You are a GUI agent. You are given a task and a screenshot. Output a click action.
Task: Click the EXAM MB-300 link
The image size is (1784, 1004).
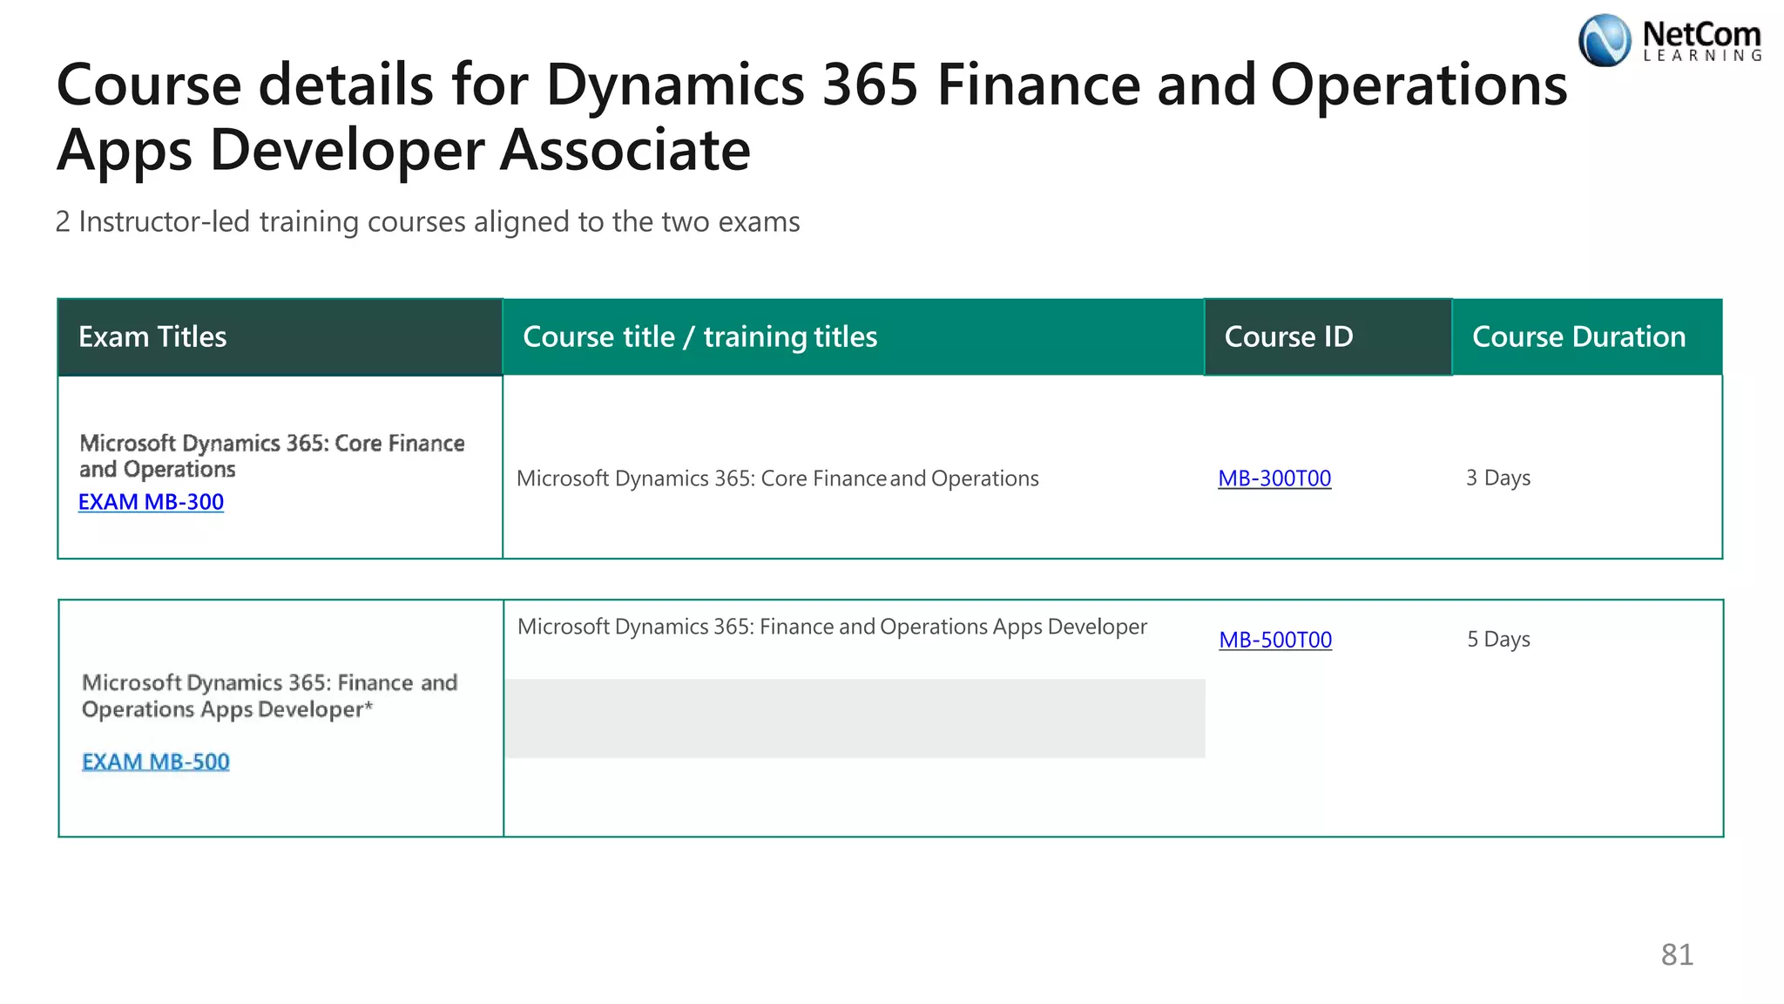pos(151,502)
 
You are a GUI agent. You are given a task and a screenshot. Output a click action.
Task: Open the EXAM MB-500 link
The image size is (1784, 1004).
pos(155,762)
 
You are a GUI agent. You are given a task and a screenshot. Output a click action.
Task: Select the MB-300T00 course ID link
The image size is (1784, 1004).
pos(1274,478)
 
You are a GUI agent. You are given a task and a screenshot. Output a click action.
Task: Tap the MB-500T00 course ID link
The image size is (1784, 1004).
pos(1275,640)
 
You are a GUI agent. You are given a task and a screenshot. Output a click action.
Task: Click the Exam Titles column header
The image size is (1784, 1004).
pos(152,337)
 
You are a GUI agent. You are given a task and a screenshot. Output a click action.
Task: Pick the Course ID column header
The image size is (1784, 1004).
pos(1288,337)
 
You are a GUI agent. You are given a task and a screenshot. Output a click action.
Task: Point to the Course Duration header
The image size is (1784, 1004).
pos(1578,337)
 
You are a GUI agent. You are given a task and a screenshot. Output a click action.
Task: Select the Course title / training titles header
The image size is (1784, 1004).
pos(699,337)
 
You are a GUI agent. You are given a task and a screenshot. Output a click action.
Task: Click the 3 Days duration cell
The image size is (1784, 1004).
pos(1497,478)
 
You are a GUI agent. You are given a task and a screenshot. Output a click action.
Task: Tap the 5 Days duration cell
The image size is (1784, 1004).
pos(1498,640)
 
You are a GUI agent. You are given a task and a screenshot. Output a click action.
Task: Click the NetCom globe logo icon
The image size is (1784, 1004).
pos(1605,40)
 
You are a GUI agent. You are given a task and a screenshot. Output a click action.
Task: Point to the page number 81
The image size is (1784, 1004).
pos(1677,955)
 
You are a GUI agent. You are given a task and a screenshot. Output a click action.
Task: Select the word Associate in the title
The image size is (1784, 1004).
pos(625,150)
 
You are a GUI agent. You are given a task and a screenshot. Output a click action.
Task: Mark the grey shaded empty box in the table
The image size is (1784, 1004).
pos(855,719)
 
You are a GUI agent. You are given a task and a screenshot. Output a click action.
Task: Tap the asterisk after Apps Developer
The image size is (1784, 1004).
pos(368,704)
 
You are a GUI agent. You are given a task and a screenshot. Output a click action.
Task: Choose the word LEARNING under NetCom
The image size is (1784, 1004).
pos(1702,56)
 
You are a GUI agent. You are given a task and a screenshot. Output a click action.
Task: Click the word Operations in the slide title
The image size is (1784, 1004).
pos(1418,85)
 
